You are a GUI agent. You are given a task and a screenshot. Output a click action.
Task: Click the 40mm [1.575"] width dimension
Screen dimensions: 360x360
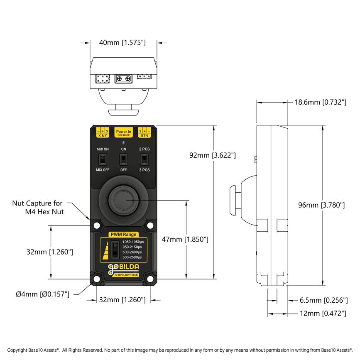122,42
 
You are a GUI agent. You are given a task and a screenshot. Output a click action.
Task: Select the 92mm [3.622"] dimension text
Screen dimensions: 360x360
213,155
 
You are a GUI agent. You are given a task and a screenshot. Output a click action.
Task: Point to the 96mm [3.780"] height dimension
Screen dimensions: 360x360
322,205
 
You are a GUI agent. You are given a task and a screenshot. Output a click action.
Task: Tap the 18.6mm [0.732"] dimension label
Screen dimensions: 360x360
320,102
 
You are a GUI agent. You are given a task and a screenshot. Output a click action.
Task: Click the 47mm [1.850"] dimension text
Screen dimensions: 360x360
185,239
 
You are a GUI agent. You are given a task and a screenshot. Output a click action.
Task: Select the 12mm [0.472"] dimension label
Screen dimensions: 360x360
323,313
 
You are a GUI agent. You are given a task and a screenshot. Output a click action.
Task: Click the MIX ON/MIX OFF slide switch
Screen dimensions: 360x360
103,159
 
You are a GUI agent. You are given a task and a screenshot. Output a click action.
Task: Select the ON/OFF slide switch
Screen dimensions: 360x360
123,159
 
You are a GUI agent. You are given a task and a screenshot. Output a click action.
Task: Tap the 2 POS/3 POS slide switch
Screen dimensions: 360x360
144,159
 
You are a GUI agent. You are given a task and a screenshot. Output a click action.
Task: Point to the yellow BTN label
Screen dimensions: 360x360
144,135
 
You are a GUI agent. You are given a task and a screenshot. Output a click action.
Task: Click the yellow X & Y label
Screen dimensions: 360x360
103,135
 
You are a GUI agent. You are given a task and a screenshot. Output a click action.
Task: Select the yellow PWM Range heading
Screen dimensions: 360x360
123,235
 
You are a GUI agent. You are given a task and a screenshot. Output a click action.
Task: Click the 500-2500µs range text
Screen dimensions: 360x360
132,257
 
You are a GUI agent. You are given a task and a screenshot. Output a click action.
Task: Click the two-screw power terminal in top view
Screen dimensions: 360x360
123,78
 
